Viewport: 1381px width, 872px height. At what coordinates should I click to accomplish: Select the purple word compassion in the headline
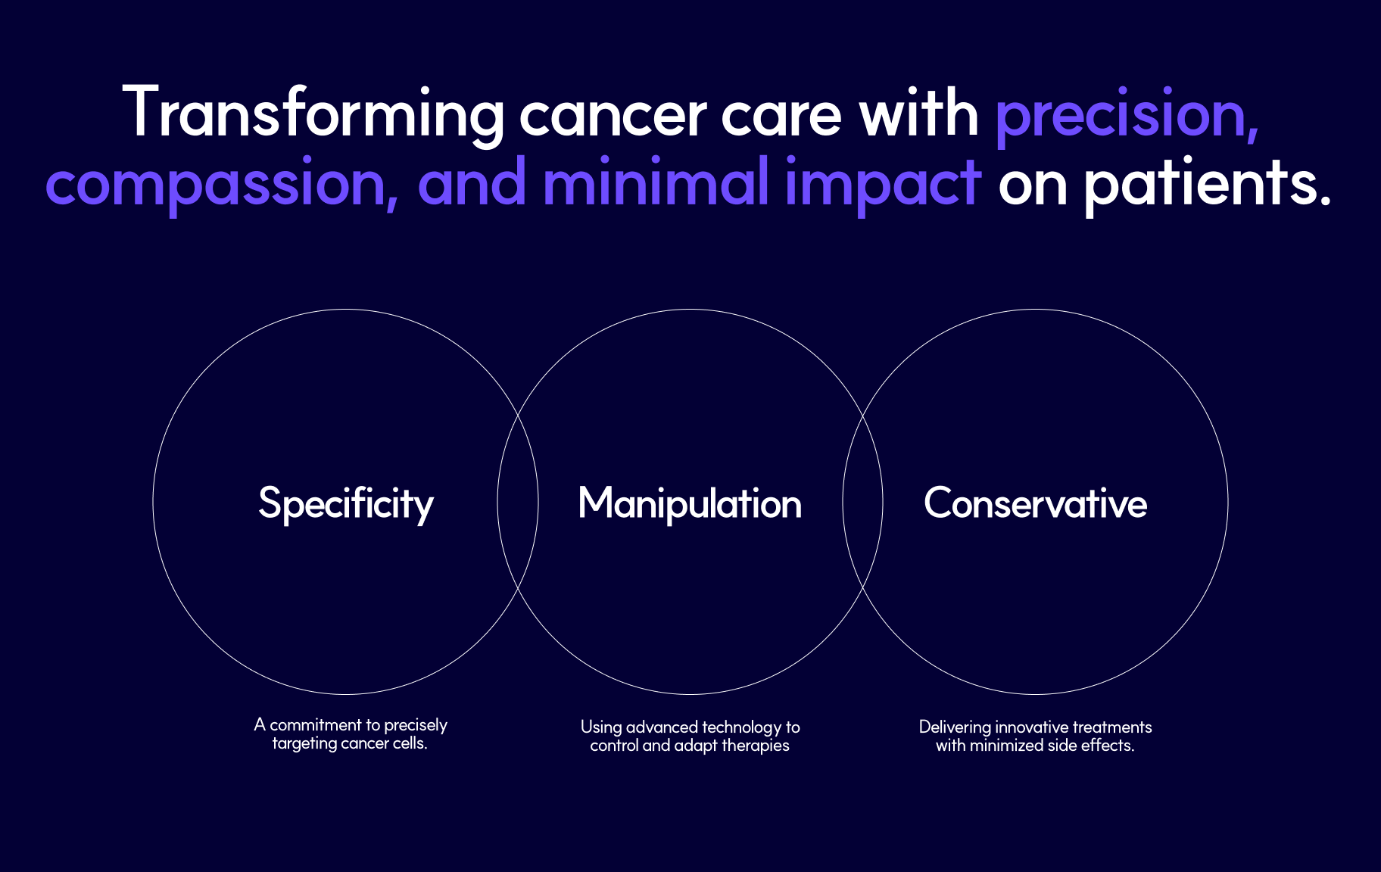[222, 184]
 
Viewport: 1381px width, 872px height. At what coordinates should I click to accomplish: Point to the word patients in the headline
[1207, 184]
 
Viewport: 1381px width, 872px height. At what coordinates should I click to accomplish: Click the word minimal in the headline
[656, 182]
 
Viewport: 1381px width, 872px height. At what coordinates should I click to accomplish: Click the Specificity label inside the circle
[346, 504]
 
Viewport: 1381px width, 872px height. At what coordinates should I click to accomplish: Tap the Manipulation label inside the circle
[690, 504]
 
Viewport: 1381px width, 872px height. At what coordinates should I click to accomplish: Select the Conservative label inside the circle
[1035, 503]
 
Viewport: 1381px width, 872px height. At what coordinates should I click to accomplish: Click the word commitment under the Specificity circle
[316, 725]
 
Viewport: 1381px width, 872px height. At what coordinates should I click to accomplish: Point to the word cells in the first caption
[410, 743]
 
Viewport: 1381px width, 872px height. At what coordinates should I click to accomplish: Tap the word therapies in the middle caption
[756, 746]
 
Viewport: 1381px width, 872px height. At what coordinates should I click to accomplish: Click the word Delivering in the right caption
[955, 728]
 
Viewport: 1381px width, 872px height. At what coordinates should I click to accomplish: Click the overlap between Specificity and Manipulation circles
[518, 502]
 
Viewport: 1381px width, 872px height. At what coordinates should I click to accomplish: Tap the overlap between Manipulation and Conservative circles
[863, 502]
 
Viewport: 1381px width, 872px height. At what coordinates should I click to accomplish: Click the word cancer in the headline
[613, 117]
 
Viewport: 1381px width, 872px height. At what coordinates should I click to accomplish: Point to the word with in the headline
[918, 114]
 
